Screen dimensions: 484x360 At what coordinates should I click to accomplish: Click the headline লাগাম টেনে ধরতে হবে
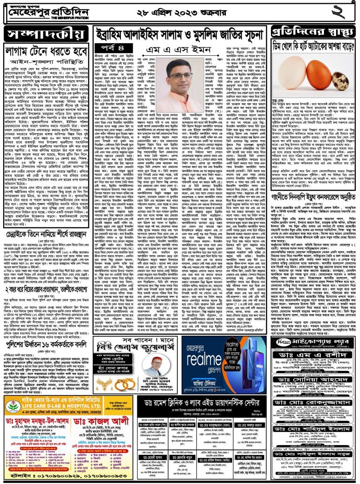[x=45, y=51]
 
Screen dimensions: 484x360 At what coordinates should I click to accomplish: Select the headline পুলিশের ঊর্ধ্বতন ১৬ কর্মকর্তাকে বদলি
[x=46, y=337]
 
